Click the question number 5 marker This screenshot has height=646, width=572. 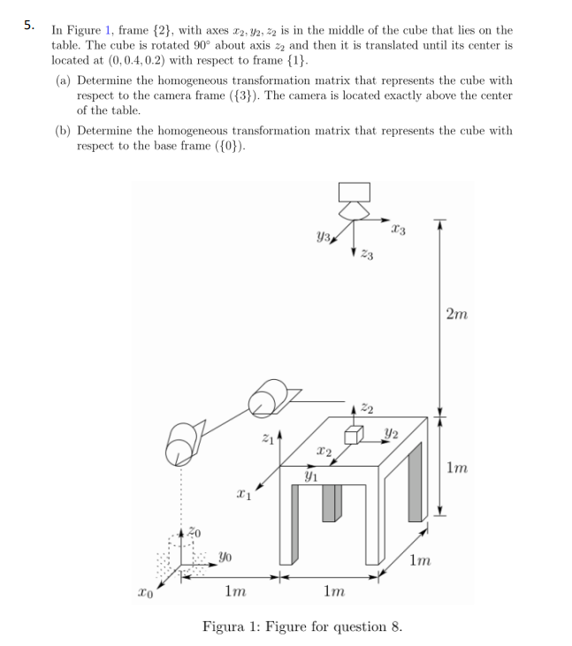click(x=29, y=24)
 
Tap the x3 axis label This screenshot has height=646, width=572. click(x=399, y=231)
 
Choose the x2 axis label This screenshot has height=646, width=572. click(x=324, y=452)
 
